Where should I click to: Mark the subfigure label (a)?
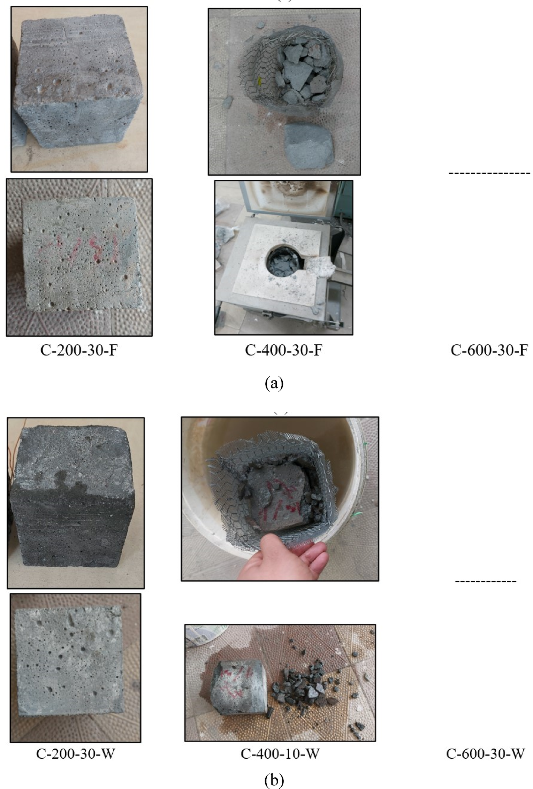(274, 383)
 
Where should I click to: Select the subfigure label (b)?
(274, 779)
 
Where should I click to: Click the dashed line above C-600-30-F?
(489, 173)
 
